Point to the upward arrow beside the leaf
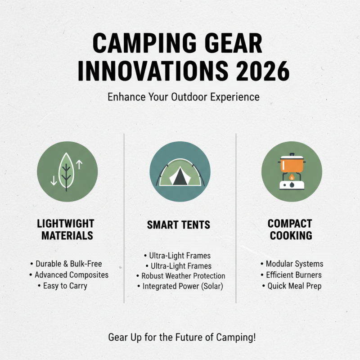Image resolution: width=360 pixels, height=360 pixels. click(79, 164)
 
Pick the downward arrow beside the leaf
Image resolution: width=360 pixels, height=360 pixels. click(54, 180)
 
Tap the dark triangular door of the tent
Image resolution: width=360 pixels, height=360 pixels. click(180, 178)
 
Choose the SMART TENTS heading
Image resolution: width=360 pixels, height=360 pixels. click(179, 225)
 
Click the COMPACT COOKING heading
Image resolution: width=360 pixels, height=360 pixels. click(290, 229)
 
